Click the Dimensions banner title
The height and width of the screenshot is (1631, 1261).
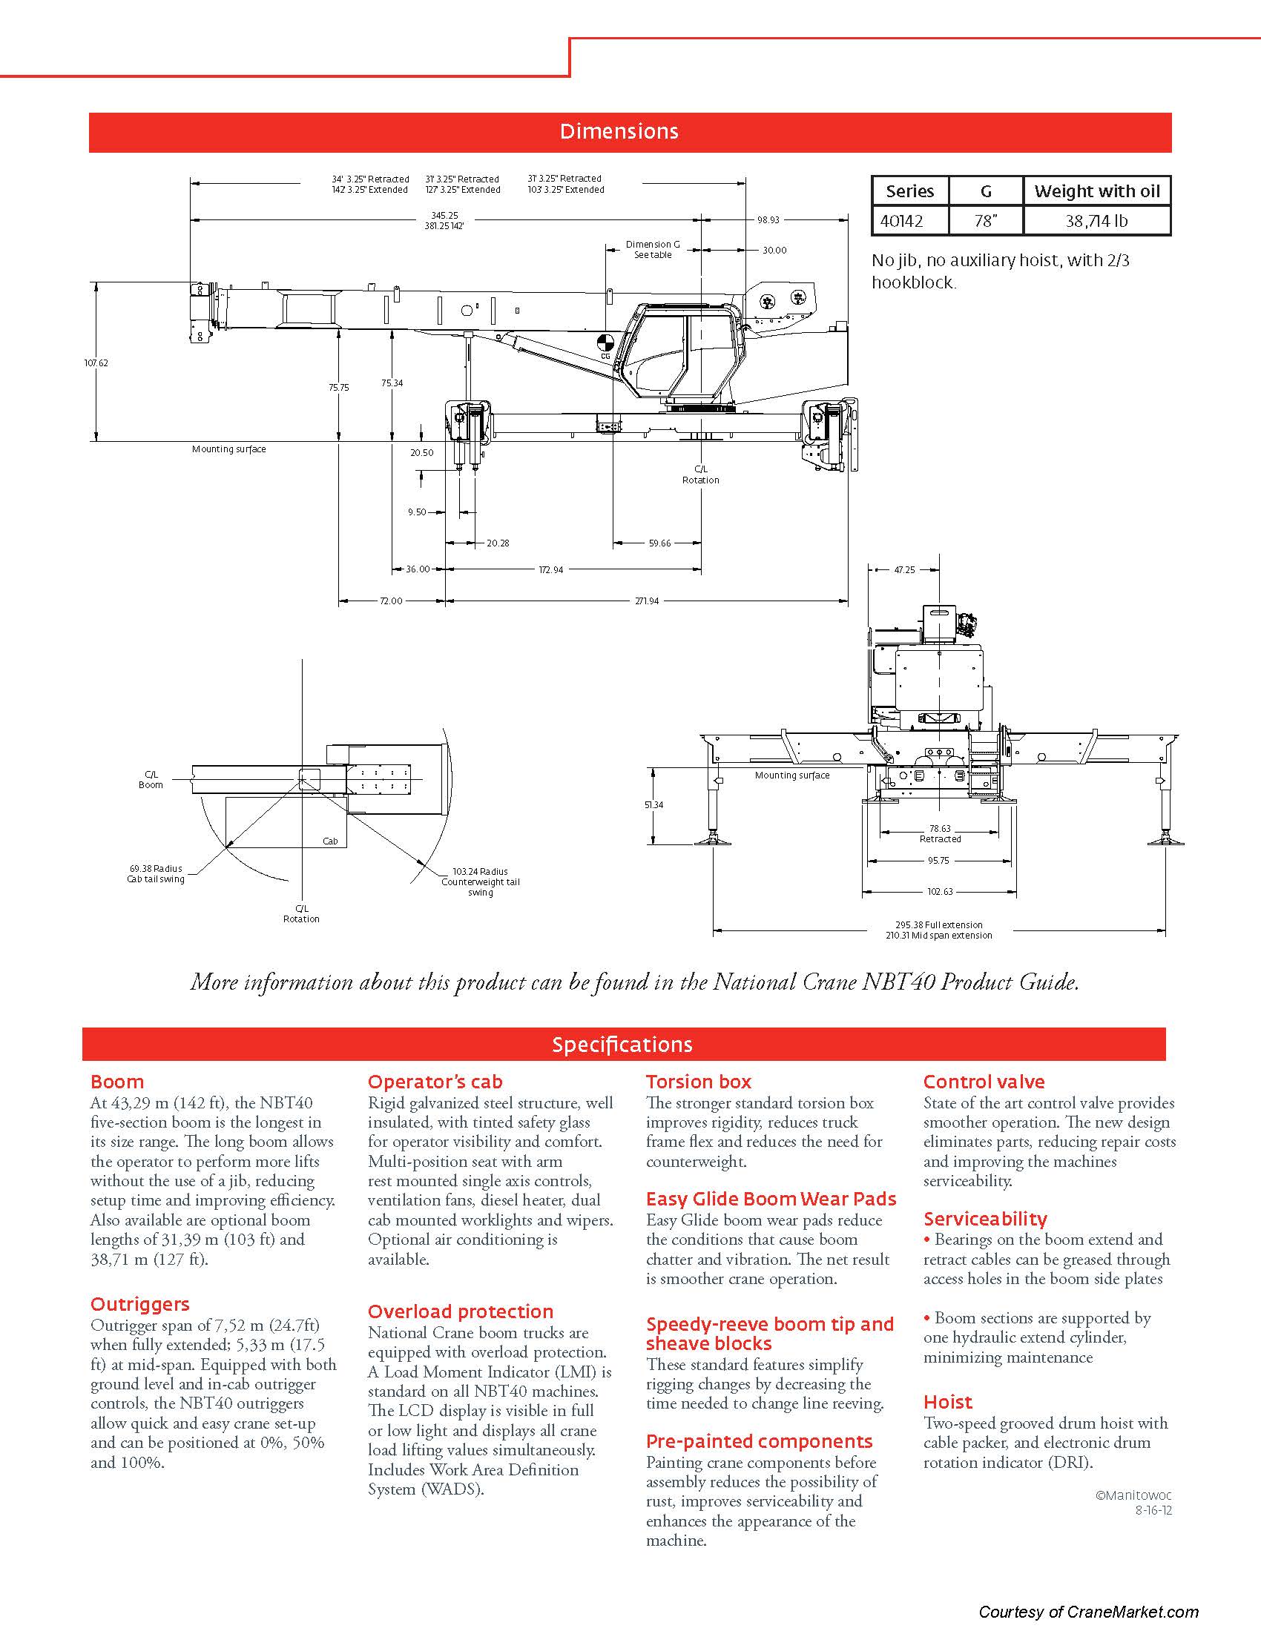tap(619, 131)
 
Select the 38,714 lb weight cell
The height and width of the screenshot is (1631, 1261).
tap(1096, 221)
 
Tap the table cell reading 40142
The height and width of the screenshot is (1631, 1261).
tap(902, 221)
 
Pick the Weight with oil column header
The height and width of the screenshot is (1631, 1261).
tap(1096, 191)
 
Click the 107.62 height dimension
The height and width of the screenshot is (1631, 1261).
tap(96, 363)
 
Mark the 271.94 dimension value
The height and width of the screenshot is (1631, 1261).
tap(647, 601)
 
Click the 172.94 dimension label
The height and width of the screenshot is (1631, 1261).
tap(551, 570)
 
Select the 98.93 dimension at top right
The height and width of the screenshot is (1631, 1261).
tap(768, 219)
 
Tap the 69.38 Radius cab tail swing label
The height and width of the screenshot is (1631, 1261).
tap(155, 874)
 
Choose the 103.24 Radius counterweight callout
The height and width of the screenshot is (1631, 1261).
tap(481, 881)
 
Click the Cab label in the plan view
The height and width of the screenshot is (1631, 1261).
tap(330, 841)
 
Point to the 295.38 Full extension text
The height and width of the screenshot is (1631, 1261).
tap(939, 924)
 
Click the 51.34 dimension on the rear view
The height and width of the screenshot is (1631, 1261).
tap(653, 804)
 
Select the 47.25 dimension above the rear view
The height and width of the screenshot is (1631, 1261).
tap(904, 570)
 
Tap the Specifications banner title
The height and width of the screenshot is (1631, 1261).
tap(622, 1045)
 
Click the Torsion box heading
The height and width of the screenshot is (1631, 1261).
tap(699, 1082)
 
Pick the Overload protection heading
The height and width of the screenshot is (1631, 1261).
tap(460, 1311)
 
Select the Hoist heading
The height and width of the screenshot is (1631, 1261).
tap(948, 1402)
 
